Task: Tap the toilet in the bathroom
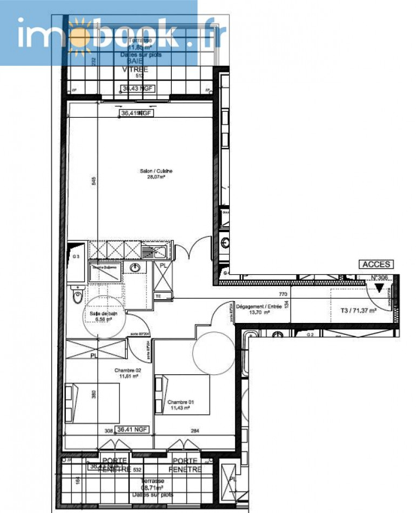point(77,296)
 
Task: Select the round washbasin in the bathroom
point(135,268)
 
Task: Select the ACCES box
point(377,265)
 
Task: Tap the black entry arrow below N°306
point(379,289)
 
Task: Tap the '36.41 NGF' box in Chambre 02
point(133,430)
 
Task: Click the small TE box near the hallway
point(158,296)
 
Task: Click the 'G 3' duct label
point(76,256)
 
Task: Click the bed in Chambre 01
point(182,395)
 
